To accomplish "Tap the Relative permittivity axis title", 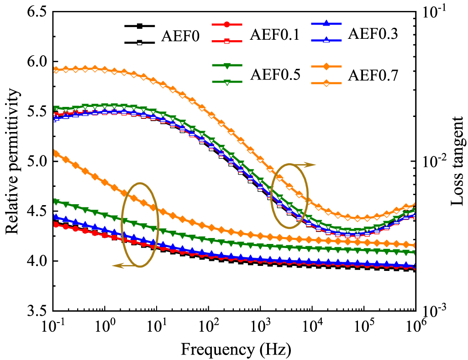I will click(x=13, y=162).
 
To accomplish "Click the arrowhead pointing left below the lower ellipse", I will click(x=116, y=265).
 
